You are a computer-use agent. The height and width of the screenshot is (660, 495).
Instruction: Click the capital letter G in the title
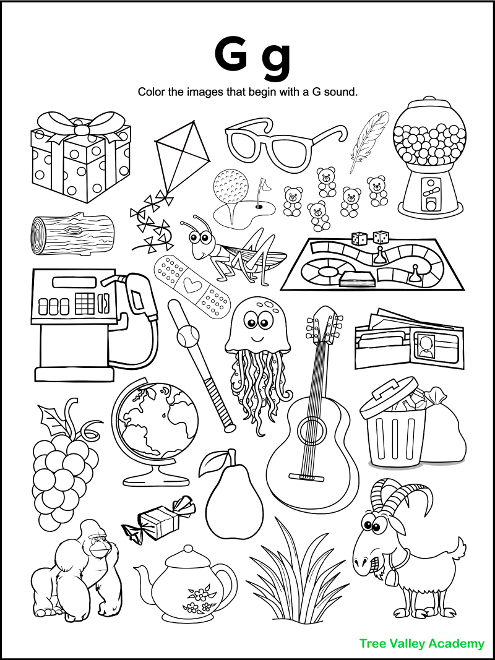click(231, 54)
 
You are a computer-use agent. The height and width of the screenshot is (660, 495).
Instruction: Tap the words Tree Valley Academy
click(421, 643)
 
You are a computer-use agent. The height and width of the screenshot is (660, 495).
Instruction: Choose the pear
click(230, 501)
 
